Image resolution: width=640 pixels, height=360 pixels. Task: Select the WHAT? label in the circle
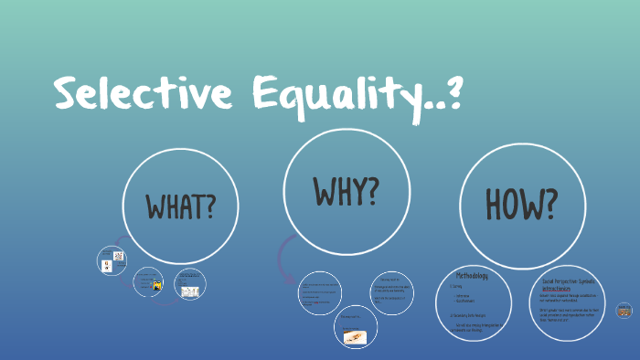[181, 206]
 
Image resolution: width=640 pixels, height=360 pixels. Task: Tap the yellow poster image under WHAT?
[157, 286]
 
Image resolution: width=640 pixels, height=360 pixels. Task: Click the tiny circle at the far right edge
[624, 311]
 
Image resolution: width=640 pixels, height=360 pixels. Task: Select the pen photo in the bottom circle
[356, 336]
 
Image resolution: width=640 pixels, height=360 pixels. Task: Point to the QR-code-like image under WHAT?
[108, 264]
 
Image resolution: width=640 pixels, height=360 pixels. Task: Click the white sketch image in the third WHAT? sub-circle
[190, 291]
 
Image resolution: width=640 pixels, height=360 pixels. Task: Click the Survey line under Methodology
[457, 286]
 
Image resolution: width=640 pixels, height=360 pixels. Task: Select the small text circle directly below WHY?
[319, 293]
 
